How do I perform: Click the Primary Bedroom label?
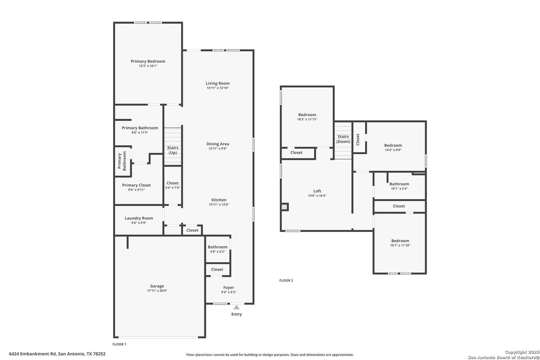(148, 61)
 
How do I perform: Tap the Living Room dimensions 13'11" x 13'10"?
(218, 88)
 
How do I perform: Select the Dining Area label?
(218, 144)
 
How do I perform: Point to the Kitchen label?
(219, 200)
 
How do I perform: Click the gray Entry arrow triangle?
(236, 307)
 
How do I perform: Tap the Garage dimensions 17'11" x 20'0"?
(157, 291)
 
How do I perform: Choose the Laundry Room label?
(139, 218)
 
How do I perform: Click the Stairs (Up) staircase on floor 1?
(173, 146)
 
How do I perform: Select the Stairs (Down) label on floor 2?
(343, 139)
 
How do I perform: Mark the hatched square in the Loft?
(284, 207)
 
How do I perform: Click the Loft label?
(317, 191)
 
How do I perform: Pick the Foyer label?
(229, 287)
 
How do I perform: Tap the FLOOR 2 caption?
(286, 280)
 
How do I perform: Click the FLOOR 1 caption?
(119, 344)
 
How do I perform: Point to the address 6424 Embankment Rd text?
(32, 354)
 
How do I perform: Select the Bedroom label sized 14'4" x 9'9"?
(393, 145)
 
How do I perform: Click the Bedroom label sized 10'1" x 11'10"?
(400, 241)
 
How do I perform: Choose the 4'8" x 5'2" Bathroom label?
(218, 247)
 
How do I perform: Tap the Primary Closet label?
(136, 185)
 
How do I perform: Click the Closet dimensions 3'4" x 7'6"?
(173, 188)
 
